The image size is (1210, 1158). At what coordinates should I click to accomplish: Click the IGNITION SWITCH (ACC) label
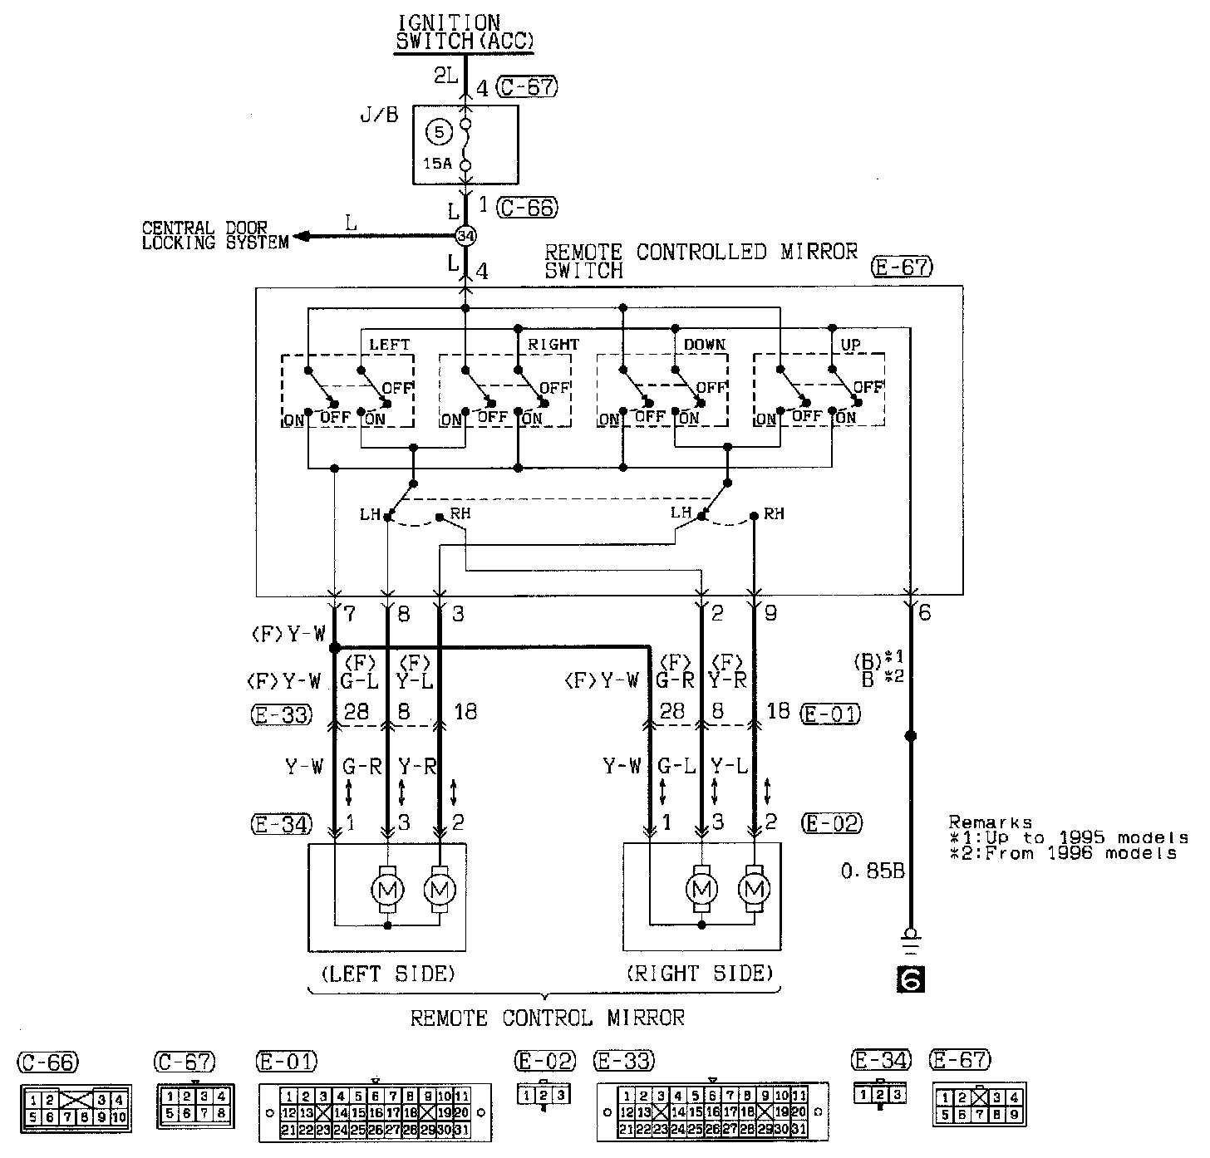pos(464,32)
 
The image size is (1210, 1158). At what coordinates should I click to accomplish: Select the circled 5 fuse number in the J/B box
pos(440,131)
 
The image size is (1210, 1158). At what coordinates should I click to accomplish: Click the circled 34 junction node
pos(465,237)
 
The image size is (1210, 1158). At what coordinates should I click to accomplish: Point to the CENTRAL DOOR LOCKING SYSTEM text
pos(214,235)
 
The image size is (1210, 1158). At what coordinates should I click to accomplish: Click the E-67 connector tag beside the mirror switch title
pos(903,267)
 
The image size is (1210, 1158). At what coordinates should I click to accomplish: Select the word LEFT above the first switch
pos(390,344)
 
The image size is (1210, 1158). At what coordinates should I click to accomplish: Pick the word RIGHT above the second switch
pos(553,344)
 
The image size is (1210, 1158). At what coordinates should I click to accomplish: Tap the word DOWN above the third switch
pos(705,344)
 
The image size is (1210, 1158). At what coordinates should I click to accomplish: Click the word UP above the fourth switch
pos(851,344)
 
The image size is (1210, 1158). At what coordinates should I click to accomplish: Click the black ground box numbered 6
pos(910,980)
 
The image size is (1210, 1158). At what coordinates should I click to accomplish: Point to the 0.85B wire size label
pos(873,871)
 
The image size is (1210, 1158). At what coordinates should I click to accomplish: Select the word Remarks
pos(990,822)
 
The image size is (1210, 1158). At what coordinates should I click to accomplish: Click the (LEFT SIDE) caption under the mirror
pos(387,973)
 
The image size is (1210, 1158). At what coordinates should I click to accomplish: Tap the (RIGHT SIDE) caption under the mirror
pos(701,973)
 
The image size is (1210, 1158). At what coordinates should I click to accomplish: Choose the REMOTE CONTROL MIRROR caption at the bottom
pos(548,1018)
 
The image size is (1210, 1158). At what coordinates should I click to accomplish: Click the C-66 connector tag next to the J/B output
pos(527,208)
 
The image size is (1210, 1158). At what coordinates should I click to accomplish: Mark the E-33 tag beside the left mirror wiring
pos(283,714)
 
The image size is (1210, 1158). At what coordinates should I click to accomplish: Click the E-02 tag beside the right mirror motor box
pos(831,823)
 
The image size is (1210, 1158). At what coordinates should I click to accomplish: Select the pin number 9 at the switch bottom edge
pos(770,615)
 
